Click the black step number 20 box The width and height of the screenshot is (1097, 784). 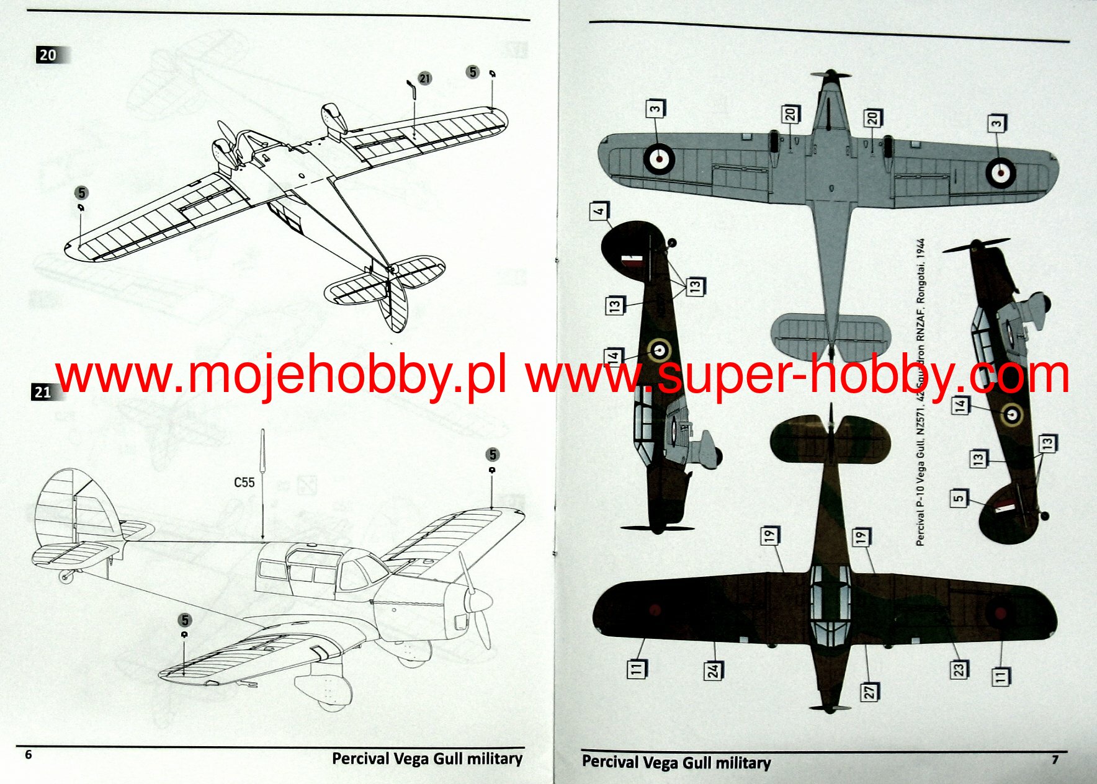48,55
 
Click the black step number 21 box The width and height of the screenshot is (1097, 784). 42,392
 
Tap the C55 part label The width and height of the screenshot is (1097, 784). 244,483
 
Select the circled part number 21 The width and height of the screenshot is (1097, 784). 424,79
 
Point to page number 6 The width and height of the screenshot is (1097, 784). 28,754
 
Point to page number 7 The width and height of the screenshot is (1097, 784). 1055,759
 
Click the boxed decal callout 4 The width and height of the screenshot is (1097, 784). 599,211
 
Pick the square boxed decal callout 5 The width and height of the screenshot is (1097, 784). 959,497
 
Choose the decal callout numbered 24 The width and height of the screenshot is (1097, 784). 714,670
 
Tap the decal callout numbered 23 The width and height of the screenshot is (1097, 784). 959,670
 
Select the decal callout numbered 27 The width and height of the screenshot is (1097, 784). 869,691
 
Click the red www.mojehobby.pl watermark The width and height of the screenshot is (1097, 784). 280,376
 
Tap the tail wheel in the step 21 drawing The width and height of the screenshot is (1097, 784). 65,577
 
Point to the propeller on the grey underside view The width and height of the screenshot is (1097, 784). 830,75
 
